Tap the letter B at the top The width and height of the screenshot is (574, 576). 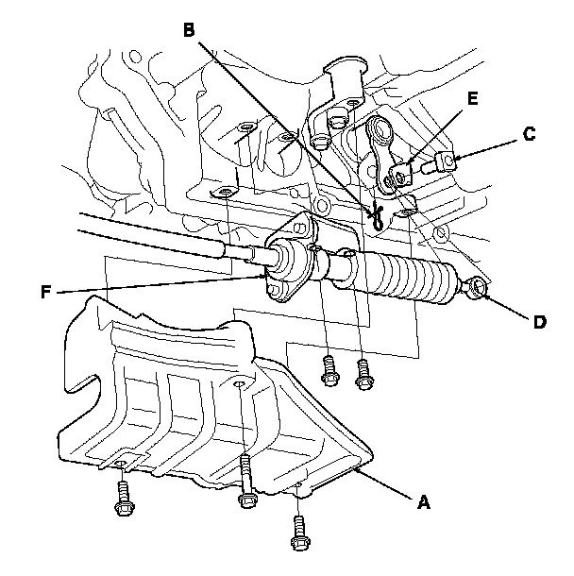click(189, 30)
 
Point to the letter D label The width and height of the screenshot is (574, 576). click(538, 321)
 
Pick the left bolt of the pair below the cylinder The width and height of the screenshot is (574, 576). click(329, 369)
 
